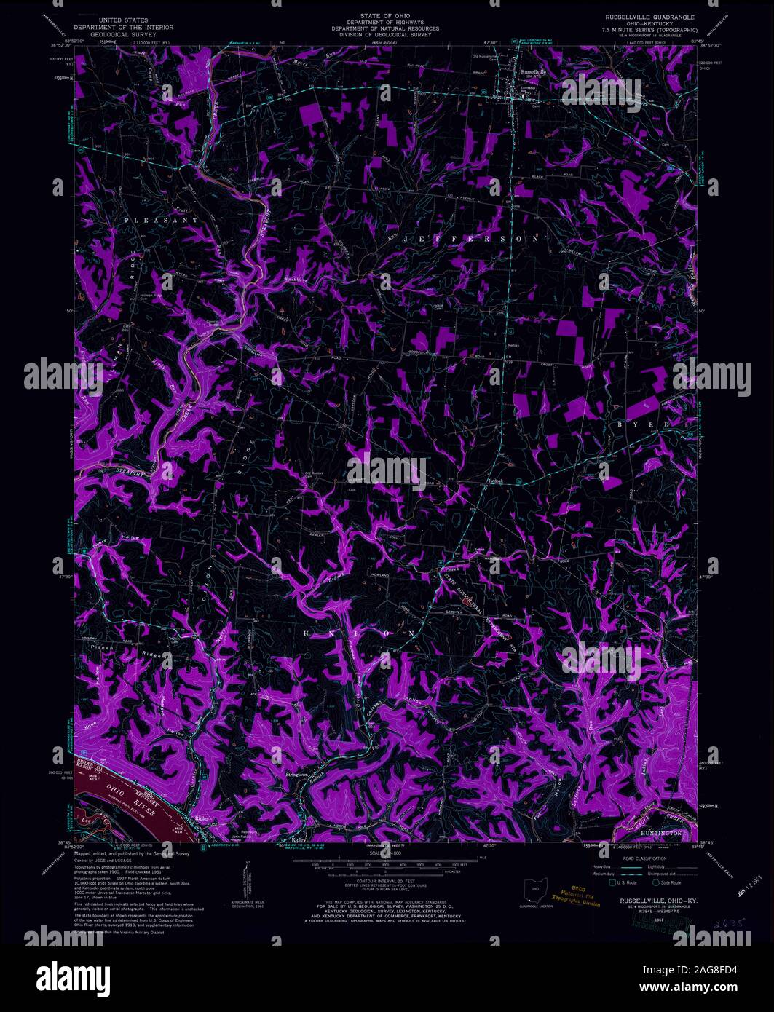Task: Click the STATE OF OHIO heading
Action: pyautogui.click(x=385, y=15)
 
